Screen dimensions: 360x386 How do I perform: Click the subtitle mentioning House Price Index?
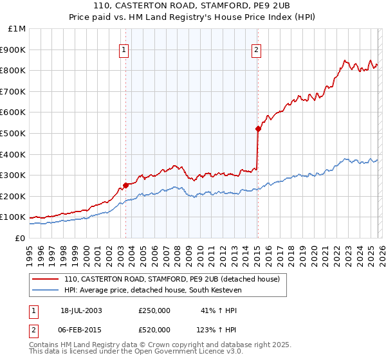click(x=192, y=17)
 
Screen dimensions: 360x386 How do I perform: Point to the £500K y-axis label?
click(x=14, y=134)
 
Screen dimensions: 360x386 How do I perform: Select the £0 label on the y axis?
click(x=21, y=238)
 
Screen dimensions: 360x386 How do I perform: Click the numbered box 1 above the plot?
click(x=124, y=50)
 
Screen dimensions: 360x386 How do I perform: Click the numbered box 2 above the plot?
click(x=257, y=50)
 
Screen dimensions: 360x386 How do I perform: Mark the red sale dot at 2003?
click(x=125, y=186)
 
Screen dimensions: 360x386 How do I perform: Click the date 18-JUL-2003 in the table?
click(x=81, y=310)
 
